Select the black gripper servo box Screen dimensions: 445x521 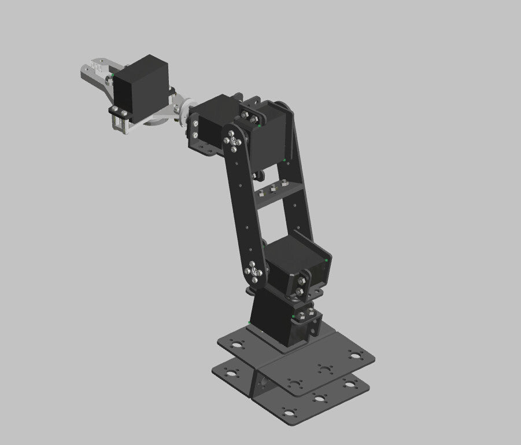[141, 87]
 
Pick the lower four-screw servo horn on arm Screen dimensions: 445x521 [254, 272]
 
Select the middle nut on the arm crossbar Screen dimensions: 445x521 [274, 187]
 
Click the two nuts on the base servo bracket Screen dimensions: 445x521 [301, 316]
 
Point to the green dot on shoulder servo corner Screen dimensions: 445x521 [327, 260]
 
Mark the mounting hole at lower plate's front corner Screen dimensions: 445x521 [287, 413]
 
